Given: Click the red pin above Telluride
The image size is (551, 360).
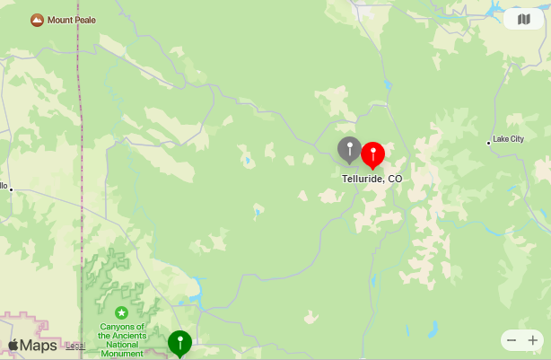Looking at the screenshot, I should click(x=372, y=154).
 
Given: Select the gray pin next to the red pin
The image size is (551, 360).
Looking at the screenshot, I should click(x=349, y=148).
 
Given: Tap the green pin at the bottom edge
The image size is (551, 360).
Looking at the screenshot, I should click(x=179, y=342).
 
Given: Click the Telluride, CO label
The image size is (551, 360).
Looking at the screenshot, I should click(x=372, y=179).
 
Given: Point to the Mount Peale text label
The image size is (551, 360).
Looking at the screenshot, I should click(x=72, y=20).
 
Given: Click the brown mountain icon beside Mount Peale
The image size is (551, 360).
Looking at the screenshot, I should click(x=37, y=20).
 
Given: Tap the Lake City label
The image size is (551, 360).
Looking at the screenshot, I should click(x=508, y=139).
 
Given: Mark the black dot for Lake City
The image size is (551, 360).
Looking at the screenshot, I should click(x=489, y=142).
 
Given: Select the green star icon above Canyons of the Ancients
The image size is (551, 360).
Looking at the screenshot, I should click(x=120, y=312).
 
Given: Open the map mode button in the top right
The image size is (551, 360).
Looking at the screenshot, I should click(x=523, y=19).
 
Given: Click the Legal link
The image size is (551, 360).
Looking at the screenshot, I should click(x=75, y=346).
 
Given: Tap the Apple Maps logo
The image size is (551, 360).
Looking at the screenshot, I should click(x=32, y=346).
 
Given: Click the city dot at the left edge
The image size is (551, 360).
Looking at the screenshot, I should click(x=11, y=189).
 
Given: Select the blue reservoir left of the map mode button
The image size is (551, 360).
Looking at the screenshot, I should click(x=493, y=11).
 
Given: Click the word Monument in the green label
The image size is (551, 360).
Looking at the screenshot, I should click(x=120, y=354).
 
